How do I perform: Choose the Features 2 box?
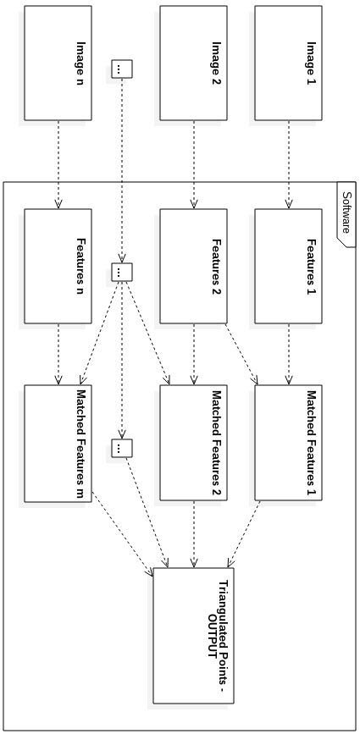(195, 266)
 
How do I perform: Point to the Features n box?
(58, 266)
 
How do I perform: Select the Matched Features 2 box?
(195, 442)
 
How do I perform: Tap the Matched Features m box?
(58, 442)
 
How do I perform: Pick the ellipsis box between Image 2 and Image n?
(122, 69)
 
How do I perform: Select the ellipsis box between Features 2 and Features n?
(122, 271)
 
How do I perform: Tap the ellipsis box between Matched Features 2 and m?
(122, 447)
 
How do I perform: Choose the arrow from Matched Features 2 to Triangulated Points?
(196, 533)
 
